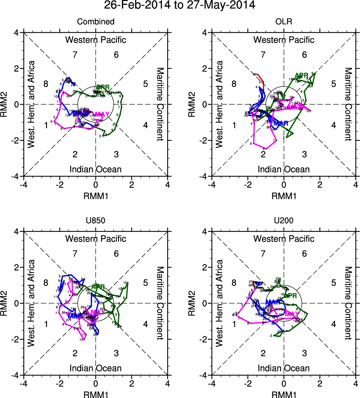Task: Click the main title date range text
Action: [x=180, y=5]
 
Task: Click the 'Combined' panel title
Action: [x=96, y=22]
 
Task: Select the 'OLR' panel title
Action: [x=284, y=22]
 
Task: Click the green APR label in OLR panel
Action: [x=301, y=75]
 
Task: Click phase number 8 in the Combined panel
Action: [x=46, y=84]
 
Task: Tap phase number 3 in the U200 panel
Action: [x=304, y=353]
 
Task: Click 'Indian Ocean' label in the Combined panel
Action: [x=96, y=169]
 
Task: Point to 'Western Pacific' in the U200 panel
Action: [x=284, y=238]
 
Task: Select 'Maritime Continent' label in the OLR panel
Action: [x=348, y=104]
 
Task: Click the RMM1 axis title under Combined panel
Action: [x=96, y=196]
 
